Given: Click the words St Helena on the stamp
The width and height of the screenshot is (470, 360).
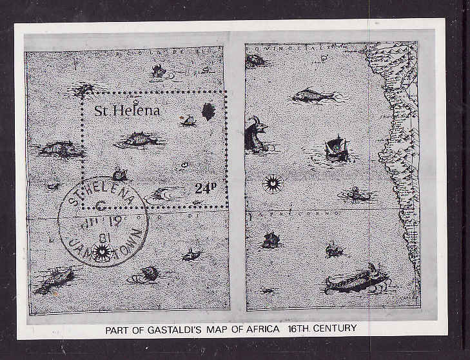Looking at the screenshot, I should point(127,110).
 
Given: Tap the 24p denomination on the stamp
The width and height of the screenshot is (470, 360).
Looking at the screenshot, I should point(206,188).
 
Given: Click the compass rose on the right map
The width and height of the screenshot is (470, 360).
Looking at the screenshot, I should point(273,185).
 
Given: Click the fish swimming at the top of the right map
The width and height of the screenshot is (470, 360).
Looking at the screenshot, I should point(314,96).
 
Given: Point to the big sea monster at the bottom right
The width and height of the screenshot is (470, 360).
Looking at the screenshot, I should point(357,279).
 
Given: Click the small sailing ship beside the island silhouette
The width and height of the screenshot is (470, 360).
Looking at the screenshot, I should point(188,119).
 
